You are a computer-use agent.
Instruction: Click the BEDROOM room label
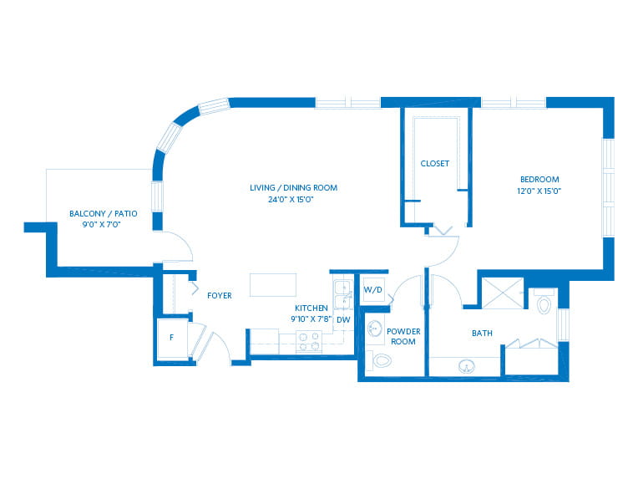pos(539,179)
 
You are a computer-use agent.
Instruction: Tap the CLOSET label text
pos(434,163)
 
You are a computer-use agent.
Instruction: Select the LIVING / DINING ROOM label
pos(293,188)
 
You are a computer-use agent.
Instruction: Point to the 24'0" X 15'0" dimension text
pos(291,200)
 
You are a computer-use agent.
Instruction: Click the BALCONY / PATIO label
pos(104,213)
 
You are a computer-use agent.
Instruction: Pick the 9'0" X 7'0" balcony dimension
pos(102,224)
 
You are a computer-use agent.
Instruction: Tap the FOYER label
pos(220,296)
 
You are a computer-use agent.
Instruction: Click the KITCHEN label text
pos(311,308)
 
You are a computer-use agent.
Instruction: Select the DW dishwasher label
pos(343,319)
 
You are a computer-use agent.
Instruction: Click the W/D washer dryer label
pos(372,289)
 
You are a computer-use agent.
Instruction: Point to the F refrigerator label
pos(172,337)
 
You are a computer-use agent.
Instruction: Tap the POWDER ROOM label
pos(403,336)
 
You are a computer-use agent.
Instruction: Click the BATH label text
pos(482,334)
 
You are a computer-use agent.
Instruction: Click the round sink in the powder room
pos(375,329)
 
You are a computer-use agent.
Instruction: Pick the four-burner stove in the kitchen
pos(309,341)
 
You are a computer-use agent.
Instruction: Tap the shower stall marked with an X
pos(503,293)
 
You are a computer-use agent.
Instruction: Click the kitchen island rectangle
pos(273,285)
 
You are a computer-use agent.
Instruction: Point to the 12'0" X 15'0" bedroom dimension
pos(539,191)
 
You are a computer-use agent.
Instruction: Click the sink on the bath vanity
pos(466,366)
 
